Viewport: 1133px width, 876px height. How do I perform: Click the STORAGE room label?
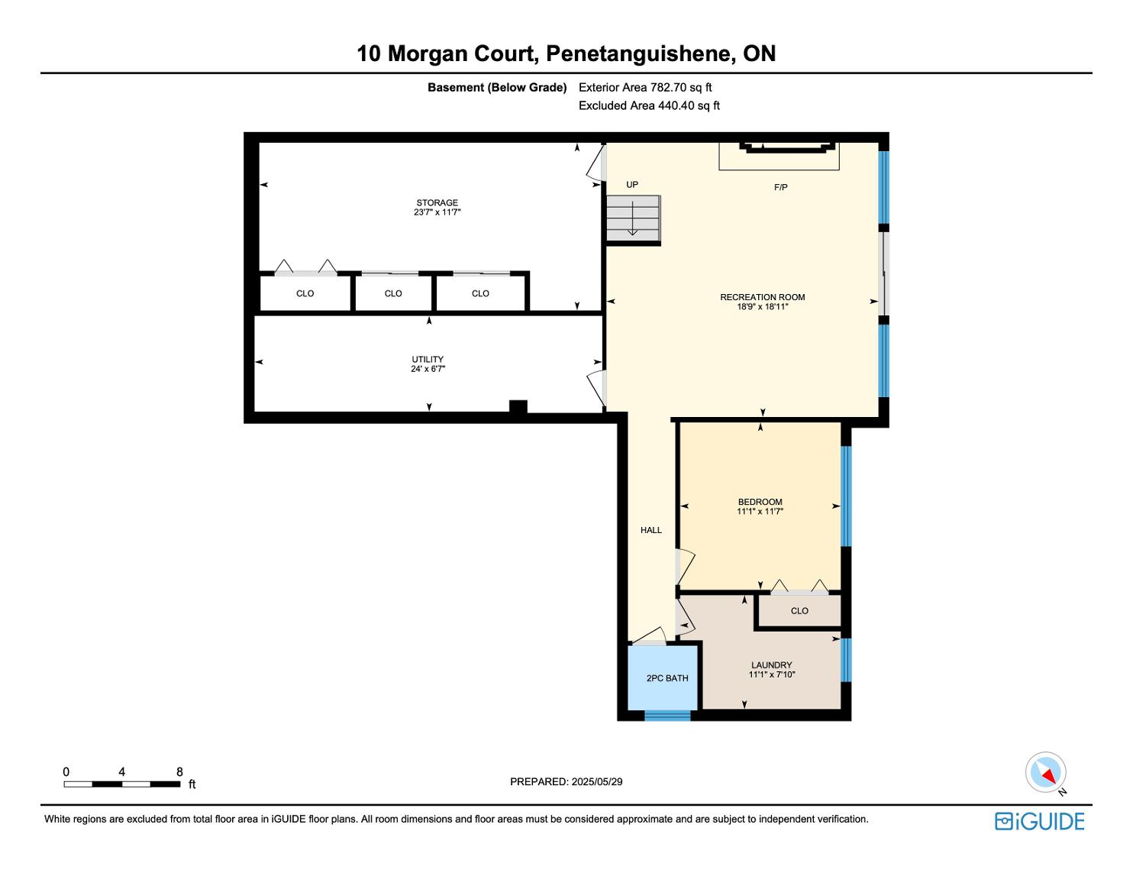pyautogui.click(x=437, y=203)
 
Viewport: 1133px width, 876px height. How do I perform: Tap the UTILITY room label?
pyautogui.click(x=428, y=359)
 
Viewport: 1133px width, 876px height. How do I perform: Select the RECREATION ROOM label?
pyautogui.click(x=762, y=297)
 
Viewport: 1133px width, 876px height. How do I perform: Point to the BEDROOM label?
pyautogui.click(x=760, y=502)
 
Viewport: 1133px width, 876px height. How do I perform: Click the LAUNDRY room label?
pyautogui.click(x=772, y=664)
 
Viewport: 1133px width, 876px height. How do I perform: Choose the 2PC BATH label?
pyautogui.click(x=667, y=678)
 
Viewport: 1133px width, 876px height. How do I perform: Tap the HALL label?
pyautogui.click(x=651, y=530)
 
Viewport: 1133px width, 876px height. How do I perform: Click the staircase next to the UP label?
pyautogui.click(x=633, y=218)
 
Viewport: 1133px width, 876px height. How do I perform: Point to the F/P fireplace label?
pyautogui.click(x=780, y=187)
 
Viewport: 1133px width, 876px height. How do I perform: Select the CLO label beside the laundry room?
pyautogui.click(x=799, y=610)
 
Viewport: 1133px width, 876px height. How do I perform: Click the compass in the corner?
pyautogui.click(x=1045, y=772)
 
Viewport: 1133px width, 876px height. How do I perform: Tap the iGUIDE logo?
pyautogui.click(x=1039, y=821)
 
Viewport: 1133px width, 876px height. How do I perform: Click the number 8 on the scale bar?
pyautogui.click(x=179, y=771)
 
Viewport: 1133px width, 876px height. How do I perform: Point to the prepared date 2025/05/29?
pyautogui.click(x=597, y=781)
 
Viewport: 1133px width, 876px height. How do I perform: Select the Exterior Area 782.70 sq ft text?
pyautogui.click(x=645, y=88)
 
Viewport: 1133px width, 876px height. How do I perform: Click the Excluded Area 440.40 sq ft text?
pyautogui.click(x=649, y=105)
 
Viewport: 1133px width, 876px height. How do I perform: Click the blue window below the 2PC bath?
pyautogui.click(x=667, y=716)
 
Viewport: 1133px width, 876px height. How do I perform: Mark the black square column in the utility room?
pyautogui.click(x=518, y=407)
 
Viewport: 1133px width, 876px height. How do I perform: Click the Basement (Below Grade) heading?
pyautogui.click(x=497, y=88)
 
